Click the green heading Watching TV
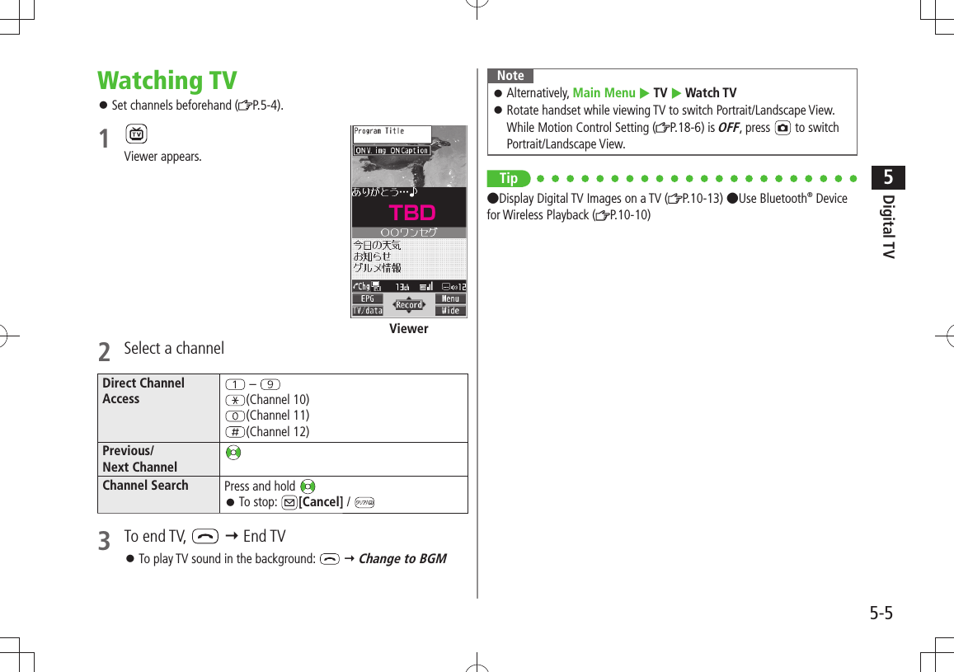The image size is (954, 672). (x=167, y=81)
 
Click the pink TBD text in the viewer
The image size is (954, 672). (x=411, y=213)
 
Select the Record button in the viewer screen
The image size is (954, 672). (x=409, y=305)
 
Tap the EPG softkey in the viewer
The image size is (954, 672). (x=367, y=298)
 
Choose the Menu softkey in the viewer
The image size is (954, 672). (x=450, y=298)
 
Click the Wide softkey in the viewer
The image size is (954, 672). (x=450, y=311)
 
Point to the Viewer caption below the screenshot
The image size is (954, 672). (x=409, y=329)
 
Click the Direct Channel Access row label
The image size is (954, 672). (x=143, y=391)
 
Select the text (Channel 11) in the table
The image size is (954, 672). (x=278, y=416)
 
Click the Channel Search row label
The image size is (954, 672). (x=145, y=486)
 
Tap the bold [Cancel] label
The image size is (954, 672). (x=321, y=502)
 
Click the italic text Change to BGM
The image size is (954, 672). (x=402, y=559)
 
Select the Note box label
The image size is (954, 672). (x=510, y=76)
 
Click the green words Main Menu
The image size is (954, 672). (x=604, y=93)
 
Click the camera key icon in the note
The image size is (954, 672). (x=782, y=128)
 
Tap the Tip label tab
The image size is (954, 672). (x=509, y=178)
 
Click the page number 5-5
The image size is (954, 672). (x=881, y=613)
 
